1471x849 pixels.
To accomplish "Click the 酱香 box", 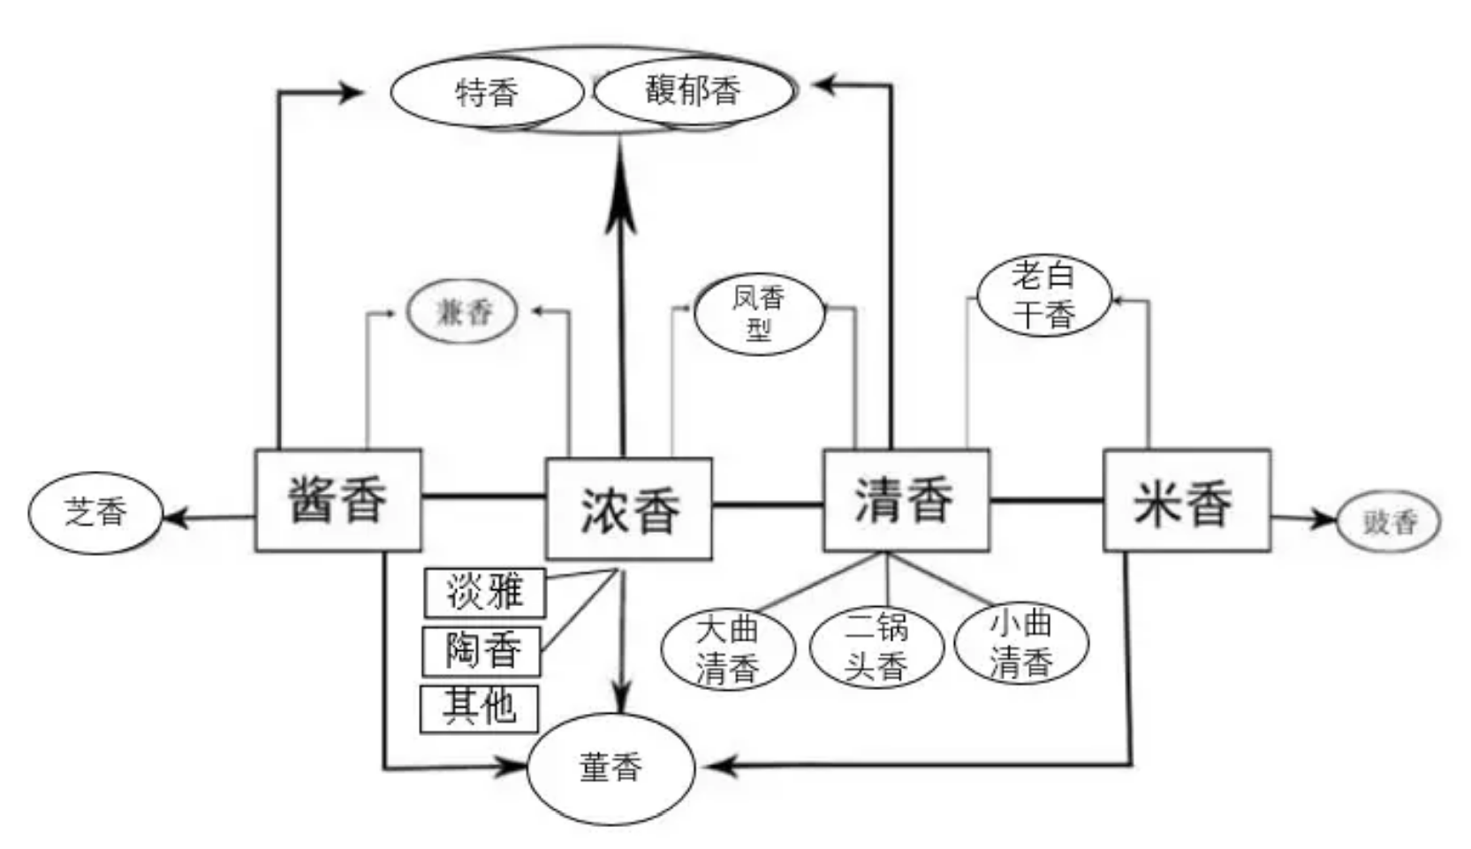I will (x=338, y=500).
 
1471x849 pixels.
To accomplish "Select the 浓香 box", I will (x=629, y=509).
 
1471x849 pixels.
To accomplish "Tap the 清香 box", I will (x=906, y=500).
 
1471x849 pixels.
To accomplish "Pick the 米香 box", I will (x=1187, y=501).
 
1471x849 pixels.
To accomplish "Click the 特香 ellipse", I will (x=487, y=92).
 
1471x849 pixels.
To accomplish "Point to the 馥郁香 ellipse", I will (x=694, y=90).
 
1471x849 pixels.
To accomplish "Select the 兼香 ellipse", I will (x=462, y=312).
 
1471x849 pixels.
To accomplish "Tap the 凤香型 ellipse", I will (x=759, y=314).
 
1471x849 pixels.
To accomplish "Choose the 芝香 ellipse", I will (x=95, y=512).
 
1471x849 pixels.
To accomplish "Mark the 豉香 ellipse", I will (x=1389, y=522).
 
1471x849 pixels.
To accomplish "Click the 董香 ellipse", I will (x=610, y=768).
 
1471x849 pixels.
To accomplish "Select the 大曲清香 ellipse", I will (x=728, y=650).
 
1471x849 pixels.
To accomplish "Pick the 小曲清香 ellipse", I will (x=1021, y=643).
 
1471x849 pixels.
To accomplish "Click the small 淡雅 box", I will (x=484, y=592).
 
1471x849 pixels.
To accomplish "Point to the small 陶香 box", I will (x=481, y=651).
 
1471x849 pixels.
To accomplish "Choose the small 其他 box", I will (x=479, y=709).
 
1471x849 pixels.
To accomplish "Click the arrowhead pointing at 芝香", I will (x=173, y=517).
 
